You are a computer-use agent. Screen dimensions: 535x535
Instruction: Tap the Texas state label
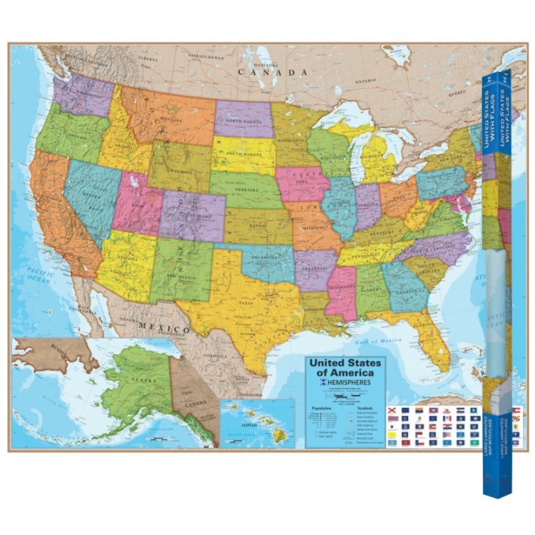245,303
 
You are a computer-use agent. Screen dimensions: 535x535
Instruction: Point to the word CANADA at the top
272,73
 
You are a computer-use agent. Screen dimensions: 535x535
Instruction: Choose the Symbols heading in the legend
363,408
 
